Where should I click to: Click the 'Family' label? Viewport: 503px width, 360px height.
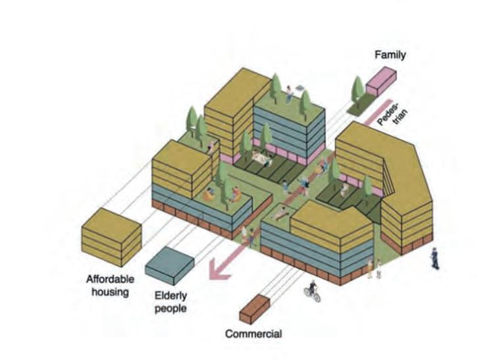(390, 55)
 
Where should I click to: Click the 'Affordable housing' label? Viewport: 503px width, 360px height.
(110, 285)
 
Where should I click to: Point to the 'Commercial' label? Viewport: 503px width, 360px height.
(253, 334)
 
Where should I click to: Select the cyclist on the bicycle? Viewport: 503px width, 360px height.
(313, 290)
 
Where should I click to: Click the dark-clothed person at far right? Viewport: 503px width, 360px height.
(435, 257)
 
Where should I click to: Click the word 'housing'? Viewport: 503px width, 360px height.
(110, 292)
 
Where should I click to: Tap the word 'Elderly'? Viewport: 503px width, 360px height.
(171, 296)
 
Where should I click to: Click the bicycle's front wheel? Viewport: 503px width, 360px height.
(317, 297)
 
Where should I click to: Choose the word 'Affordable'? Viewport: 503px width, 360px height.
(110, 279)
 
